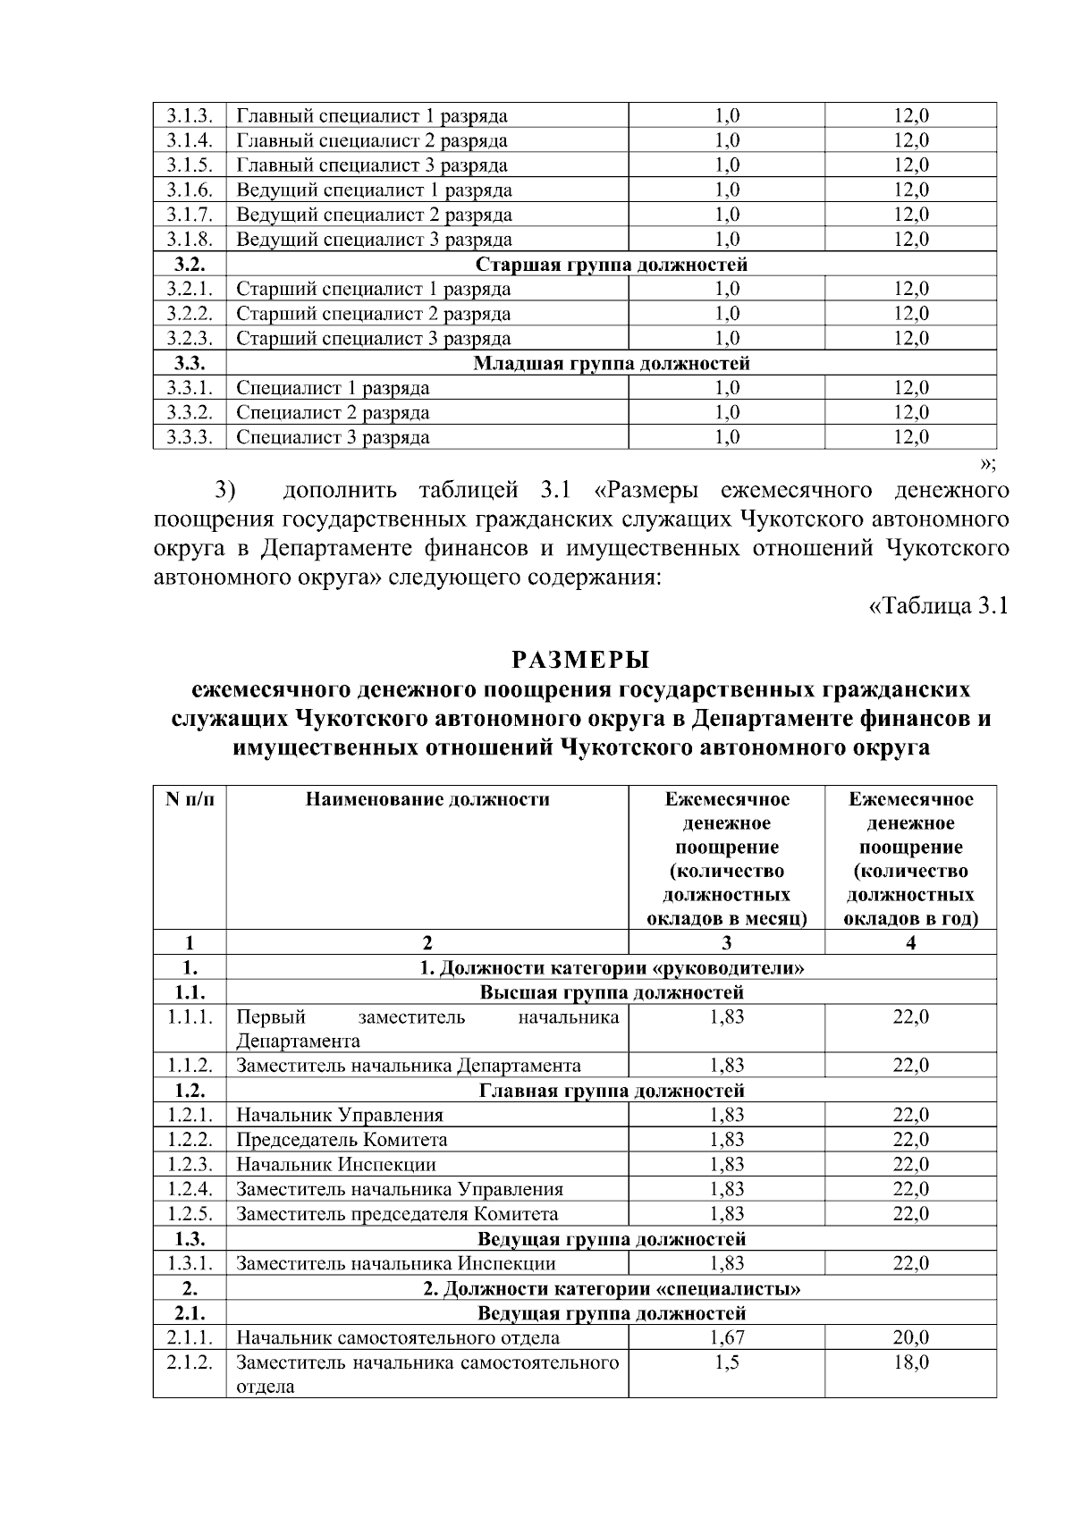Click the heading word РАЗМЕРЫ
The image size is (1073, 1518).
coord(580,661)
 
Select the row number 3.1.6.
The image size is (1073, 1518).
coord(189,190)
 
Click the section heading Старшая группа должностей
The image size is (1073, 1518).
coord(611,265)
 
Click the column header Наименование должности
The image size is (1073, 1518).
coord(427,799)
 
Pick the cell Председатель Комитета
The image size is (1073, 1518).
coord(342,1140)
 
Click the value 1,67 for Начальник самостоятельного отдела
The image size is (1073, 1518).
coord(726,1338)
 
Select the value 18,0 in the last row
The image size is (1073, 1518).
coord(910,1362)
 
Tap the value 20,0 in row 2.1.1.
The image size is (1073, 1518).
coord(910,1338)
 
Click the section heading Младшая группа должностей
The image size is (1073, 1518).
coord(611,364)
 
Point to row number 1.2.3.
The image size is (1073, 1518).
coord(189,1164)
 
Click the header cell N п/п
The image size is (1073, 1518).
coord(190,799)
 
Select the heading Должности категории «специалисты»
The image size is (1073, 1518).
coord(612,1289)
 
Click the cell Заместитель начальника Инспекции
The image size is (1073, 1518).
coord(396,1264)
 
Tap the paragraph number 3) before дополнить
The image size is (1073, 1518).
coord(224,491)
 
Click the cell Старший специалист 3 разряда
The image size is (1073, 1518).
coord(374,339)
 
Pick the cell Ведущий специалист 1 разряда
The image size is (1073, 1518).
coord(374,190)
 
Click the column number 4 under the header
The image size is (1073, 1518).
coord(910,943)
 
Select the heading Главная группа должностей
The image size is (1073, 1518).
coord(612,1091)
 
